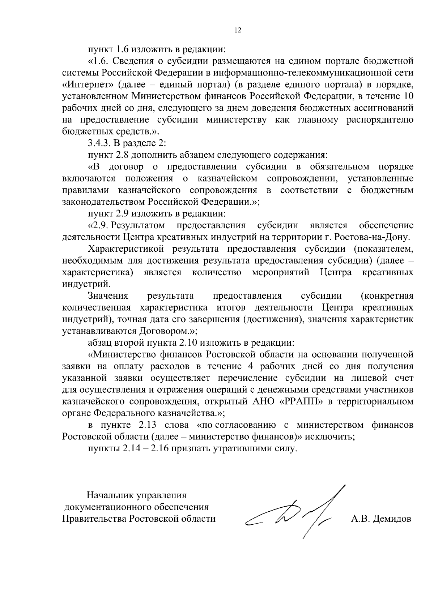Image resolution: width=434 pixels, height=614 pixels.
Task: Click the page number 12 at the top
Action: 238,30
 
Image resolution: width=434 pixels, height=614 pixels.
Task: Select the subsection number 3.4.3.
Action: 99,143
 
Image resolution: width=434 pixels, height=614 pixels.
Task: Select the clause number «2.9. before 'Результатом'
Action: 98,225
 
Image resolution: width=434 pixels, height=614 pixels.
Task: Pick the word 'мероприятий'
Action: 280,272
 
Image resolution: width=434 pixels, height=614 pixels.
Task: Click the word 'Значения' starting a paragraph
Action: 108,296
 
